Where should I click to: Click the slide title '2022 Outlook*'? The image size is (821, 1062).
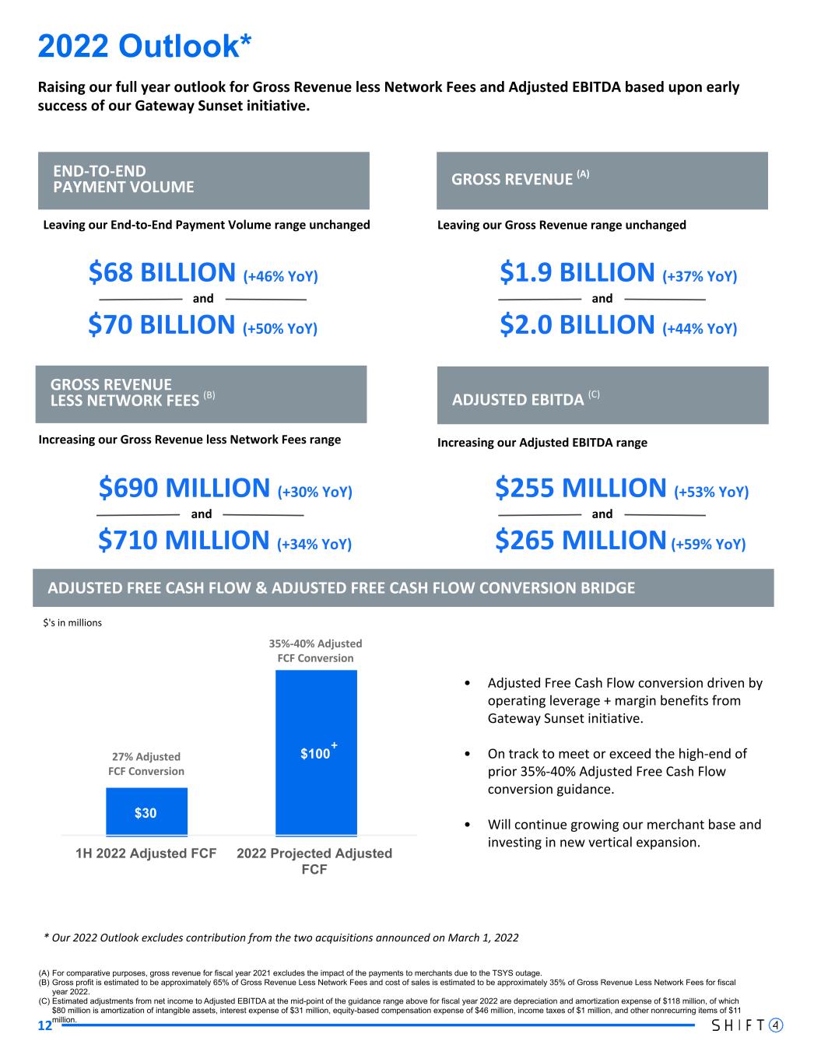tap(145, 46)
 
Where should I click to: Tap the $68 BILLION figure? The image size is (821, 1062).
tap(162, 273)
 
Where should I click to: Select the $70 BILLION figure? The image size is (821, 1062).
tap(162, 324)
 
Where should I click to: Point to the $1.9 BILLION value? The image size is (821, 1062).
tap(577, 273)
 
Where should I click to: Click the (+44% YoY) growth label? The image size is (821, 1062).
tap(700, 328)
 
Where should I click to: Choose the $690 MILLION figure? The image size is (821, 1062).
tap(184, 489)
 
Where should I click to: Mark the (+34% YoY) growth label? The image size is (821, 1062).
tap(314, 544)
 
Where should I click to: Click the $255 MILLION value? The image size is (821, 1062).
tap(581, 489)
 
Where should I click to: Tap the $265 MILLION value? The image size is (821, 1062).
tap(581, 540)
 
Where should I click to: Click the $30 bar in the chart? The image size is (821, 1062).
tap(146, 811)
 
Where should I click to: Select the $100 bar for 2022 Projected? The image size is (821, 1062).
tap(316, 753)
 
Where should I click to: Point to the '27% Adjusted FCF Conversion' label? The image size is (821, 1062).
tap(146, 764)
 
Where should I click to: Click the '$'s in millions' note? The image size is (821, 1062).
tap(72, 623)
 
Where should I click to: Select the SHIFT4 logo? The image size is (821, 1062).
tap(747, 1025)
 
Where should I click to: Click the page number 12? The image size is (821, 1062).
tap(44, 1026)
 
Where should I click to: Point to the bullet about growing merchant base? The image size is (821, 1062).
tap(624, 833)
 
